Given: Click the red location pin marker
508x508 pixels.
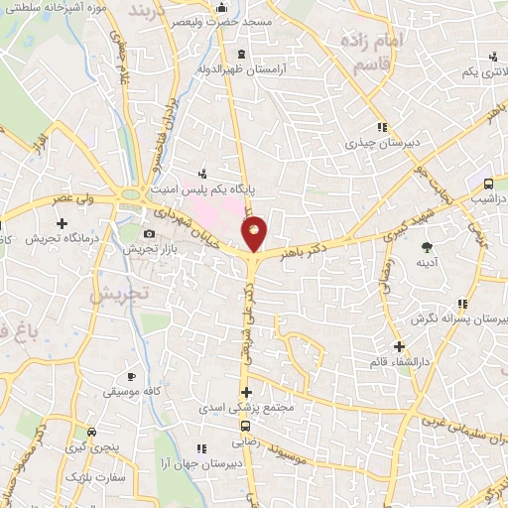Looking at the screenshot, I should pyautogui.click(x=254, y=234).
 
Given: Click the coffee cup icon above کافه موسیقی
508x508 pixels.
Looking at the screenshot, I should pyautogui.click(x=133, y=378).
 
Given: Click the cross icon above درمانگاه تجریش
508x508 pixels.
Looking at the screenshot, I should pyautogui.click(x=62, y=223).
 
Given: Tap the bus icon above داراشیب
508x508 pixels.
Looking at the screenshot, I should pyautogui.click(x=488, y=184).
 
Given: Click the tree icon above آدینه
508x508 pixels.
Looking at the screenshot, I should pyautogui.click(x=428, y=246).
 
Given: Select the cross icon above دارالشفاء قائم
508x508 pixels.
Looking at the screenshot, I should pyautogui.click(x=400, y=347).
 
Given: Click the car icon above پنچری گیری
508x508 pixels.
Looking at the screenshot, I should pyautogui.click(x=91, y=432).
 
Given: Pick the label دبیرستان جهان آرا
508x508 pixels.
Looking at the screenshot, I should pyautogui.click(x=211, y=463).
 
